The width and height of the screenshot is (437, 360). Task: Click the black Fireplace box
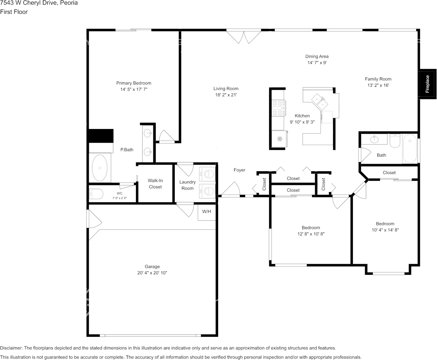(427, 84)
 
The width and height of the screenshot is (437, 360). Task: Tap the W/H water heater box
(207, 212)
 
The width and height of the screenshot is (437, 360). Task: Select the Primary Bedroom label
(134, 83)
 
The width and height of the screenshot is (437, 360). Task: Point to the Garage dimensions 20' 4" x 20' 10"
(152, 273)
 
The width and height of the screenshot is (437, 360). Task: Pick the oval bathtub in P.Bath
(99, 168)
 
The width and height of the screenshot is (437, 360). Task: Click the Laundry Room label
(187, 185)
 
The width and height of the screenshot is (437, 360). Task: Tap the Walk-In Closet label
(155, 184)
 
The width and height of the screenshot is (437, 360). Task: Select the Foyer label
(239, 170)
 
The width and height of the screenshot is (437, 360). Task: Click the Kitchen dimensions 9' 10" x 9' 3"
(302, 122)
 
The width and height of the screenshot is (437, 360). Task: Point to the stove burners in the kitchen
(279, 108)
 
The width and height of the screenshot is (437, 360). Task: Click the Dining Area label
(317, 56)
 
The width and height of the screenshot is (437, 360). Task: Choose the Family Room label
(378, 79)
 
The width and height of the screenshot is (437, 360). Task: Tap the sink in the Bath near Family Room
(374, 139)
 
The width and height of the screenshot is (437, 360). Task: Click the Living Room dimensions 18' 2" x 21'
(226, 95)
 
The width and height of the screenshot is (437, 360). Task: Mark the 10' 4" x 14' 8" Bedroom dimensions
(386, 230)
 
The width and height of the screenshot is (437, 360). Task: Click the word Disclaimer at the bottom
(11, 348)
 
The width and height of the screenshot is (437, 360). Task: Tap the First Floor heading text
(14, 12)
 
